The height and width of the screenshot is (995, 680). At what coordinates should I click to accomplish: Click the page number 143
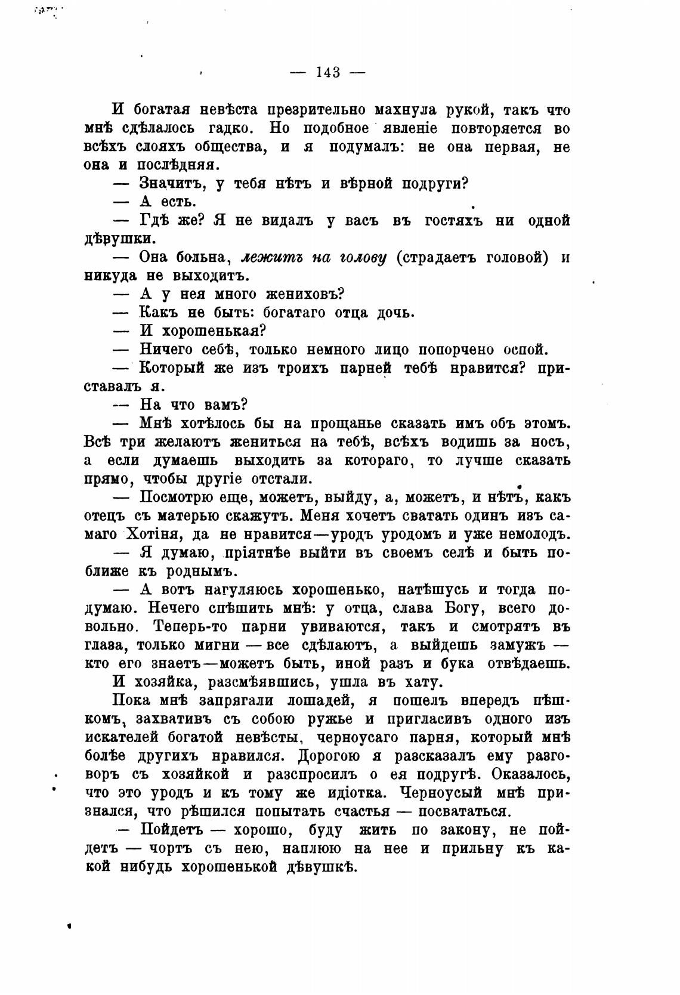click(x=327, y=73)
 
